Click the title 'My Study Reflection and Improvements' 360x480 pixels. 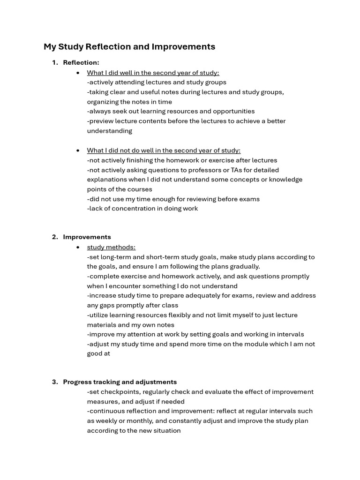[129, 47]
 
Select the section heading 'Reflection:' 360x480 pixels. [81, 62]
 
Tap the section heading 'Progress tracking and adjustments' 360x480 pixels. [120, 382]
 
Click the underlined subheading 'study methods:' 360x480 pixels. [111, 247]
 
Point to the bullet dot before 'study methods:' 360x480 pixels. [78, 247]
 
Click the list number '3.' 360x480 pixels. [55, 382]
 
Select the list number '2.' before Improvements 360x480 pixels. [55, 237]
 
